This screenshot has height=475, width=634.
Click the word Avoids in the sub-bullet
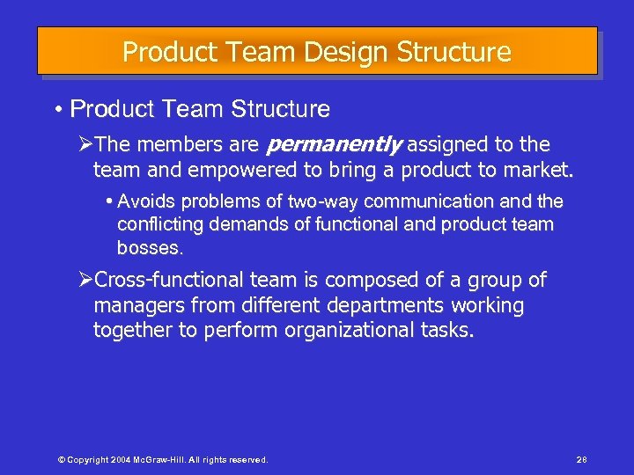(x=145, y=201)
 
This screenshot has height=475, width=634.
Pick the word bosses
(x=150, y=248)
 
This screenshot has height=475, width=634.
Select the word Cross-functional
(x=168, y=281)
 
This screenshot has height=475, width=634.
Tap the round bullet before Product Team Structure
(x=56, y=110)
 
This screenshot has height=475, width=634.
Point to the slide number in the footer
(x=581, y=459)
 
